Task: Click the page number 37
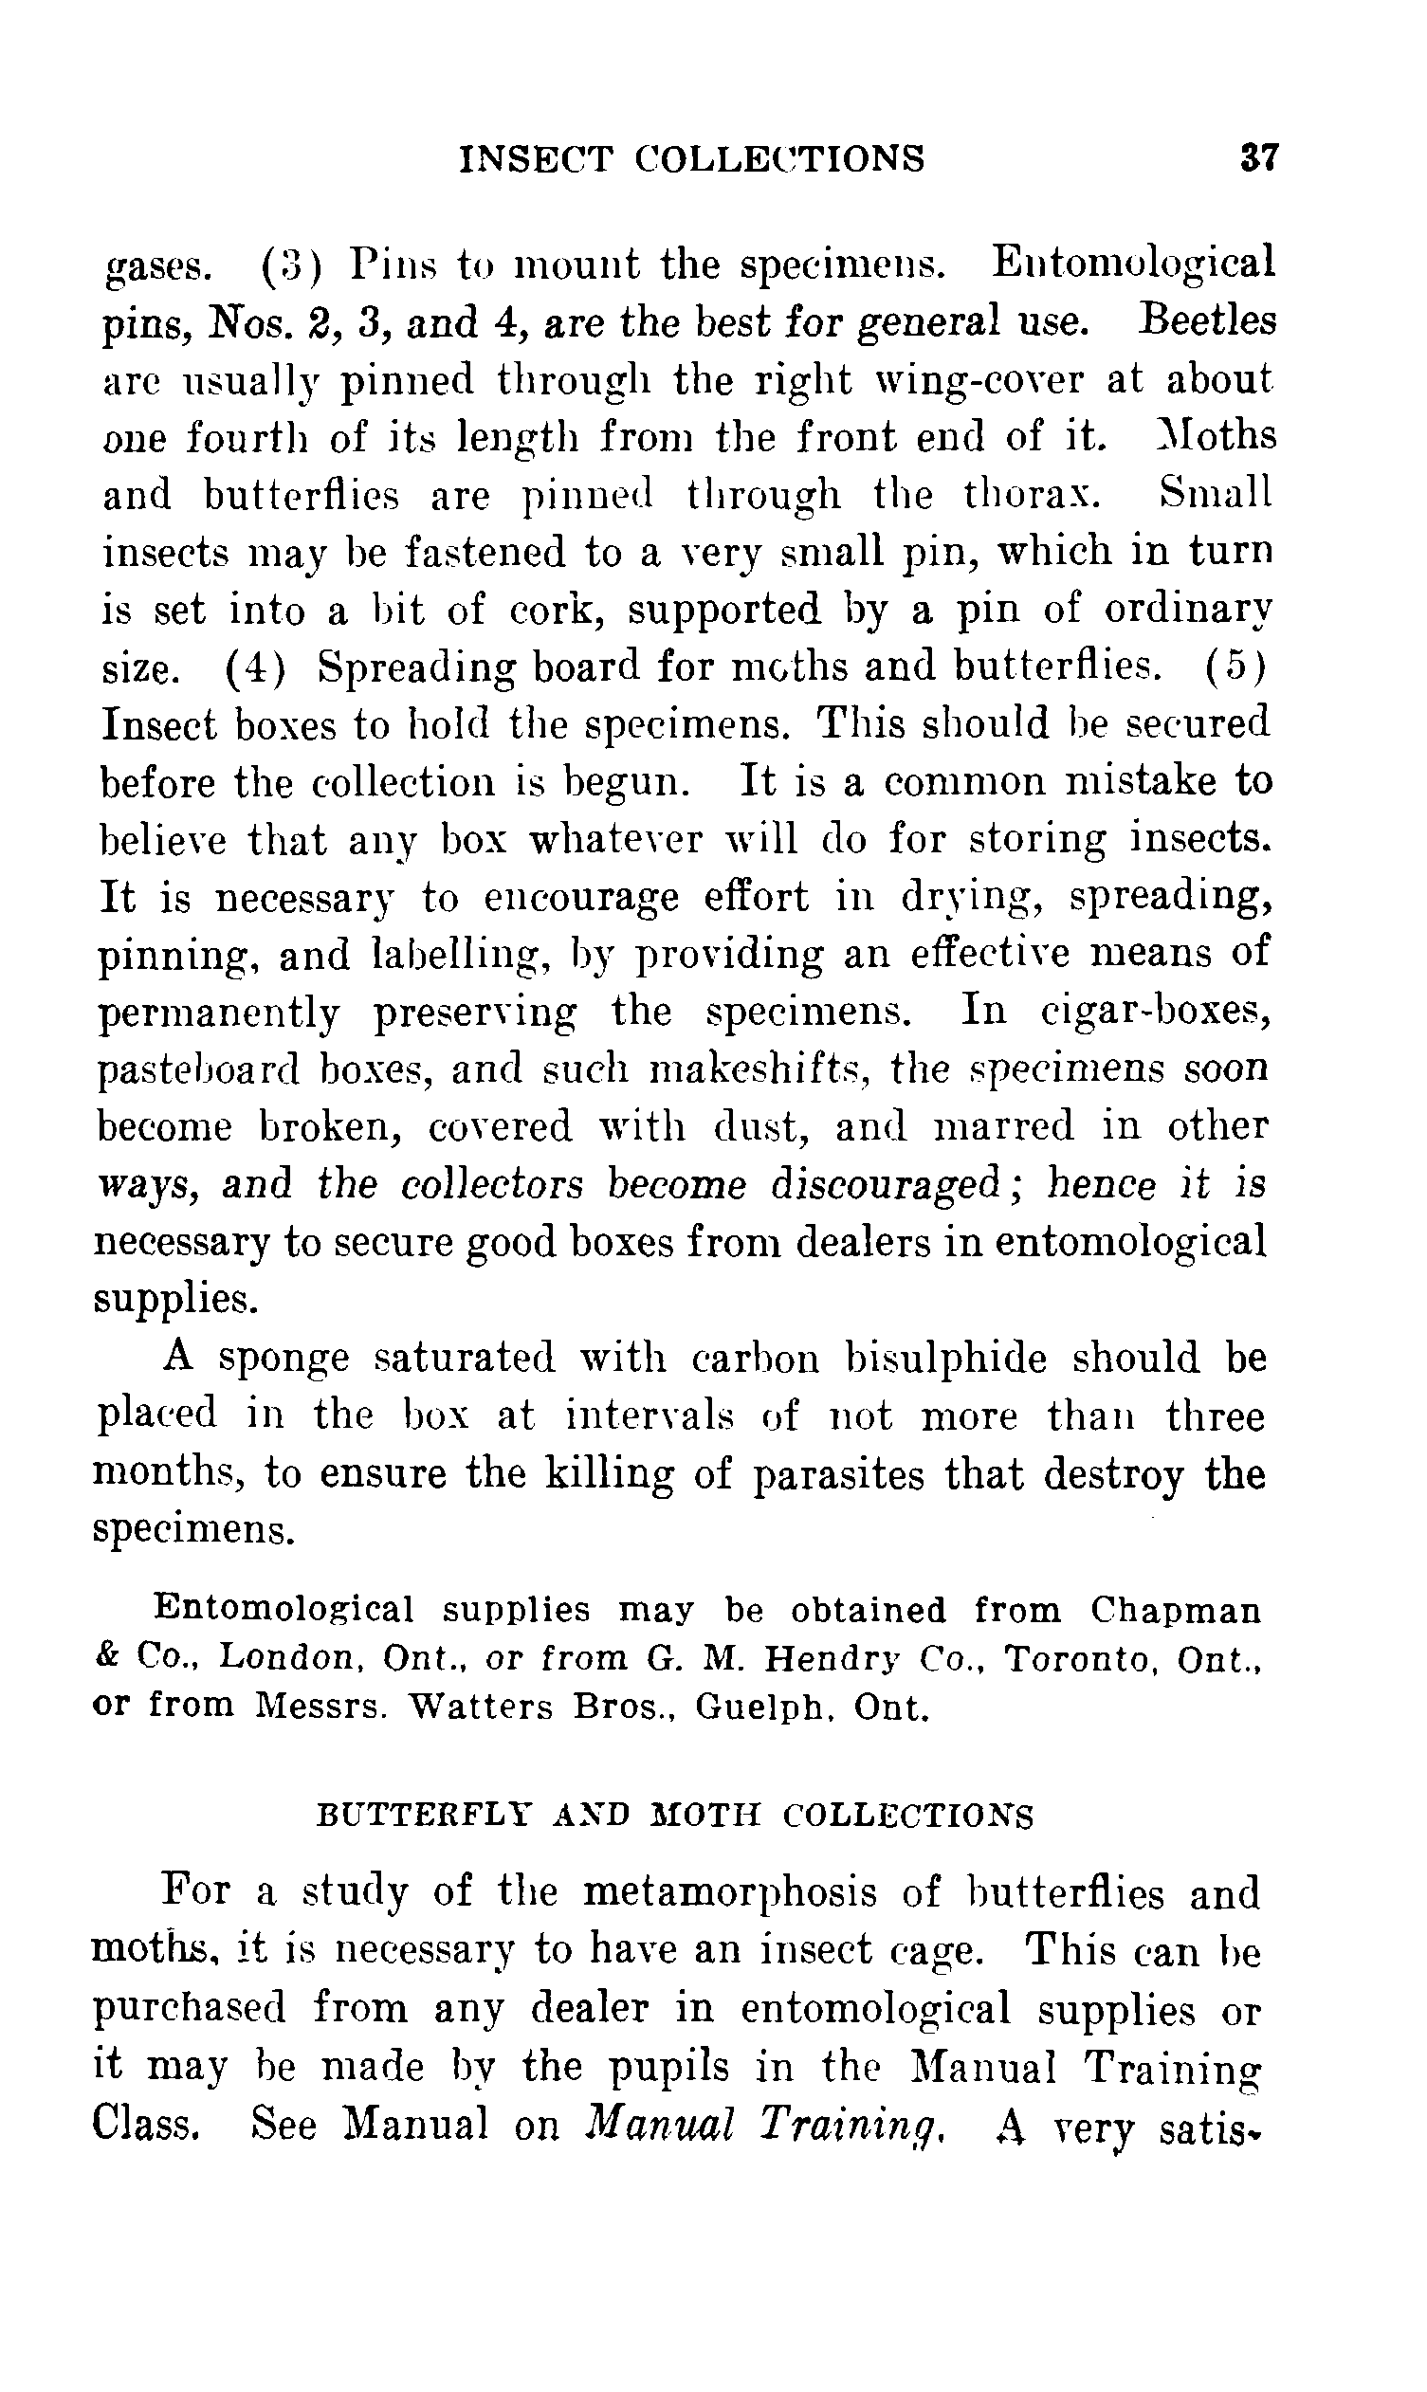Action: click(x=1259, y=157)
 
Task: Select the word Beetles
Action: click(x=1207, y=320)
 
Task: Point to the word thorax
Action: click(x=1032, y=494)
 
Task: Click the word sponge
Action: click(x=283, y=1358)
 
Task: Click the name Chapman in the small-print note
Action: click(x=1174, y=1611)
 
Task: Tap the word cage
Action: click(x=938, y=1951)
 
